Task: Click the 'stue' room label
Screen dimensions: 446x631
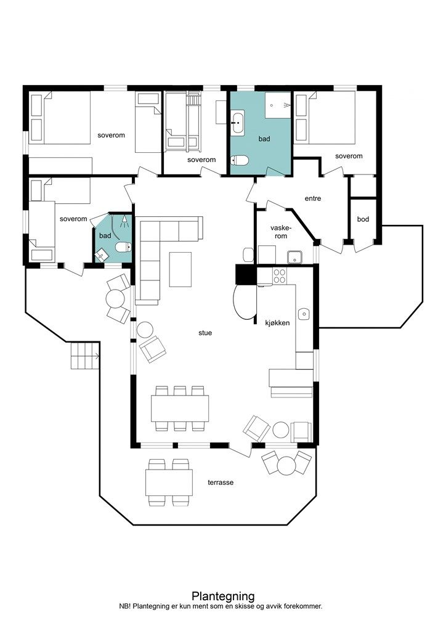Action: point(205,333)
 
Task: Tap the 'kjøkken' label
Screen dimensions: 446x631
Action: point(277,323)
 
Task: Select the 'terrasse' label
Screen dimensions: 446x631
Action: point(221,482)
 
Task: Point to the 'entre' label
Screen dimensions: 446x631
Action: point(313,198)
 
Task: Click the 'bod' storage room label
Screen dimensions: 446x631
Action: point(363,219)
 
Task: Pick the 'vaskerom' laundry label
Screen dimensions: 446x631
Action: point(281,232)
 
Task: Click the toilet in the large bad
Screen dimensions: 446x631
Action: point(240,161)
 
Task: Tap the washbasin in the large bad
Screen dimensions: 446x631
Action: point(237,122)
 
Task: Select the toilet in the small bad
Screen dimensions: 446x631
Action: point(123,246)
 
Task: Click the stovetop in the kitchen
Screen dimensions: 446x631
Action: point(280,275)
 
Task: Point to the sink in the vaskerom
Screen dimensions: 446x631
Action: point(295,257)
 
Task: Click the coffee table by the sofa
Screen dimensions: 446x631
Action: point(180,269)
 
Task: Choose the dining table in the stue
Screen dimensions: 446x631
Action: point(180,409)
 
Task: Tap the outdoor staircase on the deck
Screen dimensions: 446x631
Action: point(85,356)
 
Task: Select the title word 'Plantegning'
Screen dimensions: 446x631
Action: point(223,596)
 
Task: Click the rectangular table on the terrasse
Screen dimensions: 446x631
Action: point(169,482)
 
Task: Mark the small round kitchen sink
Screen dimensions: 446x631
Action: point(304,314)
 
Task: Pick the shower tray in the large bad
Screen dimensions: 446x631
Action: point(277,105)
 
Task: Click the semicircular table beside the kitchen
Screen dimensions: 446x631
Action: point(244,301)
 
